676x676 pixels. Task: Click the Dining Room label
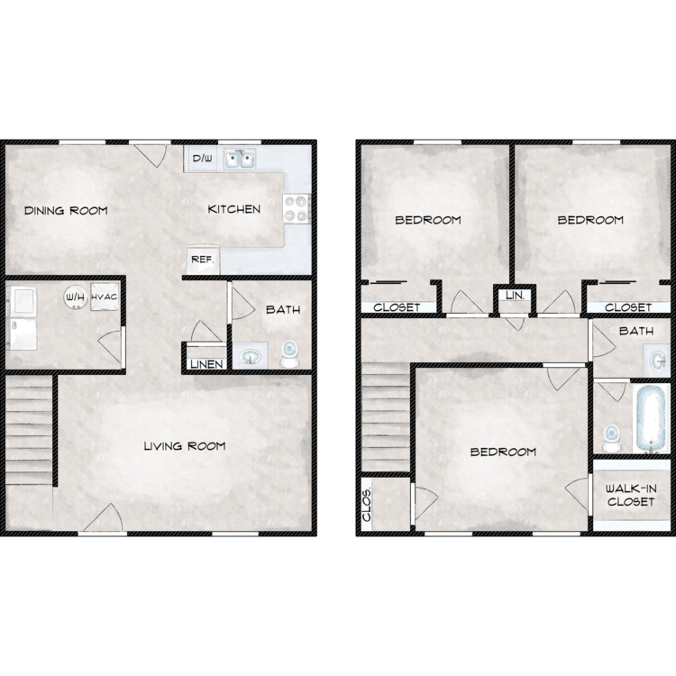[x=66, y=210]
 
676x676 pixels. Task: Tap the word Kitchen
[x=234, y=209]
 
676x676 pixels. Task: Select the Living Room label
[x=185, y=446]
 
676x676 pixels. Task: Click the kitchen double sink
[x=240, y=160]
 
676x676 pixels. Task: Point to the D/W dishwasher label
[x=202, y=159]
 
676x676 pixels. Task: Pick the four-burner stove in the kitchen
[x=297, y=209]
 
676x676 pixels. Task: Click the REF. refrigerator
[x=203, y=260]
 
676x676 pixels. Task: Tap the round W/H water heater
[x=76, y=297]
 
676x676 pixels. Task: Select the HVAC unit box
[x=105, y=297]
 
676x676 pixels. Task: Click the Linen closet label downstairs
[x=207, y=364]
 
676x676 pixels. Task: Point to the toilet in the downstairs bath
[x=289, y=353]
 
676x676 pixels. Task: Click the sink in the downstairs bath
[x=251, y=356]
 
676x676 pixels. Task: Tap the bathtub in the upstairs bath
[x=651, y=418]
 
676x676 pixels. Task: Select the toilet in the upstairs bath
[x=610, y=437]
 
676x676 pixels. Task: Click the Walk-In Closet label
[x=631, y=496]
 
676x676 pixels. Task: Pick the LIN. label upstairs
[x=516, y=296]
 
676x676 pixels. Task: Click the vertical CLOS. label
[x=367, y=506]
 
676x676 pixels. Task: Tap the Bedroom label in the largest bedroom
[x=503, y=452]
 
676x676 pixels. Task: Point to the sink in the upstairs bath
[x=658, y=360]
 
